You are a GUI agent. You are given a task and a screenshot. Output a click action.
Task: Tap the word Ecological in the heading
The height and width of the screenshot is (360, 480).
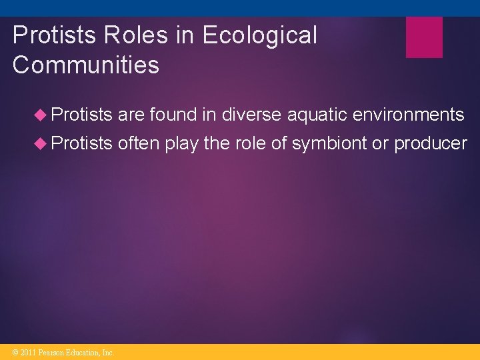260,35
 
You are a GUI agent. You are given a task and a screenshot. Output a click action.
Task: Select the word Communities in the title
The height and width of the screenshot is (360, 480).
86,65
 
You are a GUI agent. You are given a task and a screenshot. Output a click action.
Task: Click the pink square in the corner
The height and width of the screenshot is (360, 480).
424,37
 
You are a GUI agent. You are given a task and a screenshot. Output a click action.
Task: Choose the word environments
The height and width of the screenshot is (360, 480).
408,115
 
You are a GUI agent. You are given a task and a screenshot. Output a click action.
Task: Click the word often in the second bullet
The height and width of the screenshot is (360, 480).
139,143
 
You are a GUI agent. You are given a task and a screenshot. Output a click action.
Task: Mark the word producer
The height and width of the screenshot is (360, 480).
431,143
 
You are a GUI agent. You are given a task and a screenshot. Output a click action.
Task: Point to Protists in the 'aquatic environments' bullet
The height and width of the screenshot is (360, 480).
81,115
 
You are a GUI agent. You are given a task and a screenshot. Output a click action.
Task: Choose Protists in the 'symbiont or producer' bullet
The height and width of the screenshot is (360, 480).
81,143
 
